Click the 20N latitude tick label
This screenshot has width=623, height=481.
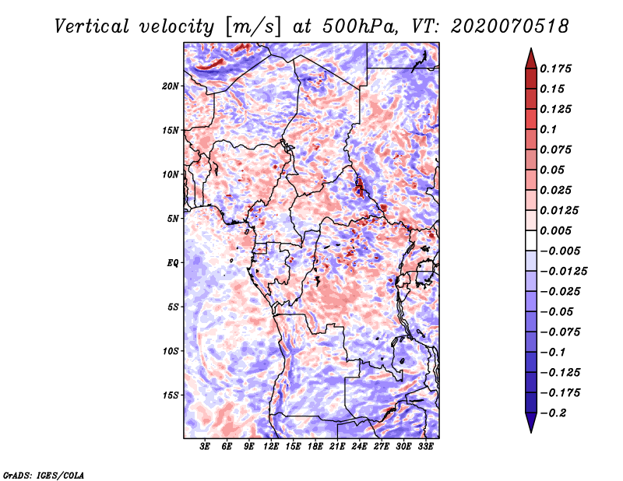[171, 86]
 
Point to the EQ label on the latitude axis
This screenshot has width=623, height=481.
[172, 263]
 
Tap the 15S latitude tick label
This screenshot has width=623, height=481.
[171, 395]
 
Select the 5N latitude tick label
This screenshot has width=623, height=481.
[173, 219]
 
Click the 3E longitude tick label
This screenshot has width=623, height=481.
[206, 447]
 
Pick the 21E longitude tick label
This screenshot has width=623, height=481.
[338, 447]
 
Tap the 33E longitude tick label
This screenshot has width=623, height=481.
[426, 447]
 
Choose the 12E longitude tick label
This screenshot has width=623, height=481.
[272, 447]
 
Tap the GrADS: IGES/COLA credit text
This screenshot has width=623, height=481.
[43, 474]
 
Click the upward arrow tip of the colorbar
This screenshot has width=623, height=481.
[530, 51]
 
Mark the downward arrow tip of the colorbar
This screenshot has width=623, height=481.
[530, 430]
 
